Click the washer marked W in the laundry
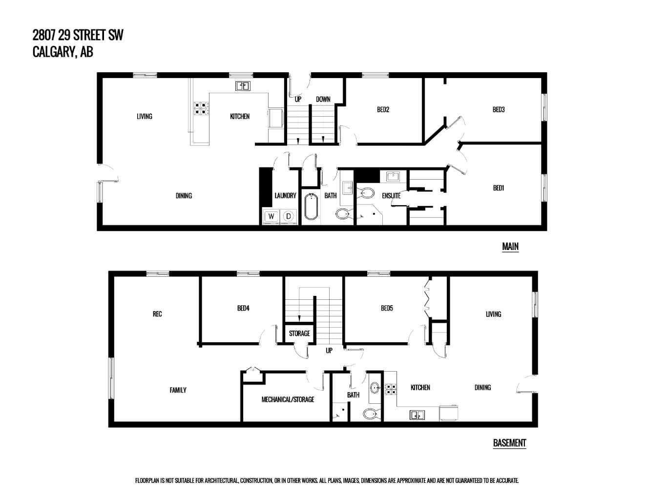click(271, 216)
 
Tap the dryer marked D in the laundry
click(288, 216)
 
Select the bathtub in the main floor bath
click(311, 207)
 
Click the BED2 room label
click(383, 109)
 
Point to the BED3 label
click(499, 109)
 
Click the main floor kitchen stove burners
click(201, 108)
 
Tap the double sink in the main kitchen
click(243, 86)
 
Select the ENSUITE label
click(391, 196)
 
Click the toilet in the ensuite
click(367, 193)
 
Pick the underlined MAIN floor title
click(510, 247)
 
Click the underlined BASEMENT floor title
click(509, 443)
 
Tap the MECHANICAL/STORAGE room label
click(288, 399)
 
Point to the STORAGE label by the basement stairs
click(299, 333)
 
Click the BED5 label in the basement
click(387, 308)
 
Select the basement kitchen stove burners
click(391, 389)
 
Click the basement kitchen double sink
click(417, 415)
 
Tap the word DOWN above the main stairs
click(323, 99)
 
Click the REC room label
click(157, 314)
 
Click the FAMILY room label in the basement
click(178, 390)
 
